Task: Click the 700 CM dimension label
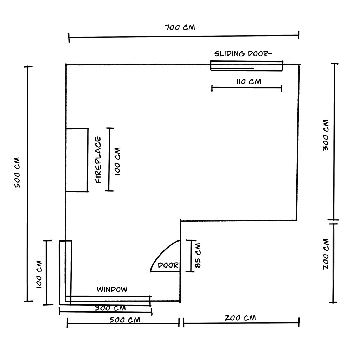(x=180, y=27)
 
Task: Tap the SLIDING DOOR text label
(x=243, y=54)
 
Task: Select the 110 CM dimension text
(x=249, y=82)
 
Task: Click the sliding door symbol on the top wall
(x=246, y=66)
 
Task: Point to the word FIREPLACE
(x=98, y=160)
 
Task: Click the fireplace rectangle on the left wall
(x=77, y=160)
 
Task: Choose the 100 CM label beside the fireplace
(x=117, y=161)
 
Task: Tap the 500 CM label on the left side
(x=17, y=172)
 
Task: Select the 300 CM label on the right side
(x=326, y=135)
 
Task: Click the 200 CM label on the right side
(x=326, y=254)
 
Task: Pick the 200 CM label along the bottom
(x=240, y=318)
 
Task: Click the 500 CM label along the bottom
(x=125, y=320)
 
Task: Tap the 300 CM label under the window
(x=110, y=308)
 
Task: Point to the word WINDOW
(x=112, y=289)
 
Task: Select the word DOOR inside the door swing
(x=168, y=265)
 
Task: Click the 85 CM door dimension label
(x=198, y=256)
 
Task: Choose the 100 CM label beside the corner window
(x=39, y=274)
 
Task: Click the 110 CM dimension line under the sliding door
(x=247, y=88)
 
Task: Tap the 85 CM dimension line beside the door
(x=190, y=256)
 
